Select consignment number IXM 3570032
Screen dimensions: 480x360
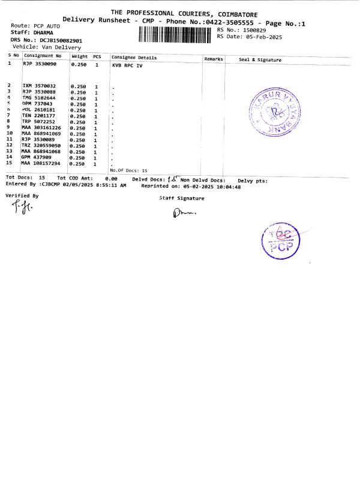coord(39,86)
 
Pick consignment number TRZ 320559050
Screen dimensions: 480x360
coord(41,145)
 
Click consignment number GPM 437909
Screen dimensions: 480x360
coord(37,157)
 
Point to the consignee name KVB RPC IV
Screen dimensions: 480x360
coord(128,64)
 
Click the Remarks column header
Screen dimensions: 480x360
coord(214,59)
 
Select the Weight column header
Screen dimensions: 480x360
coord(80,56)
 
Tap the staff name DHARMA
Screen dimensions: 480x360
coord(41,33)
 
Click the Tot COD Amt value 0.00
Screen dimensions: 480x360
coord(111,178)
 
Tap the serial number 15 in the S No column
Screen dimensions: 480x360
coord(9,163)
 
